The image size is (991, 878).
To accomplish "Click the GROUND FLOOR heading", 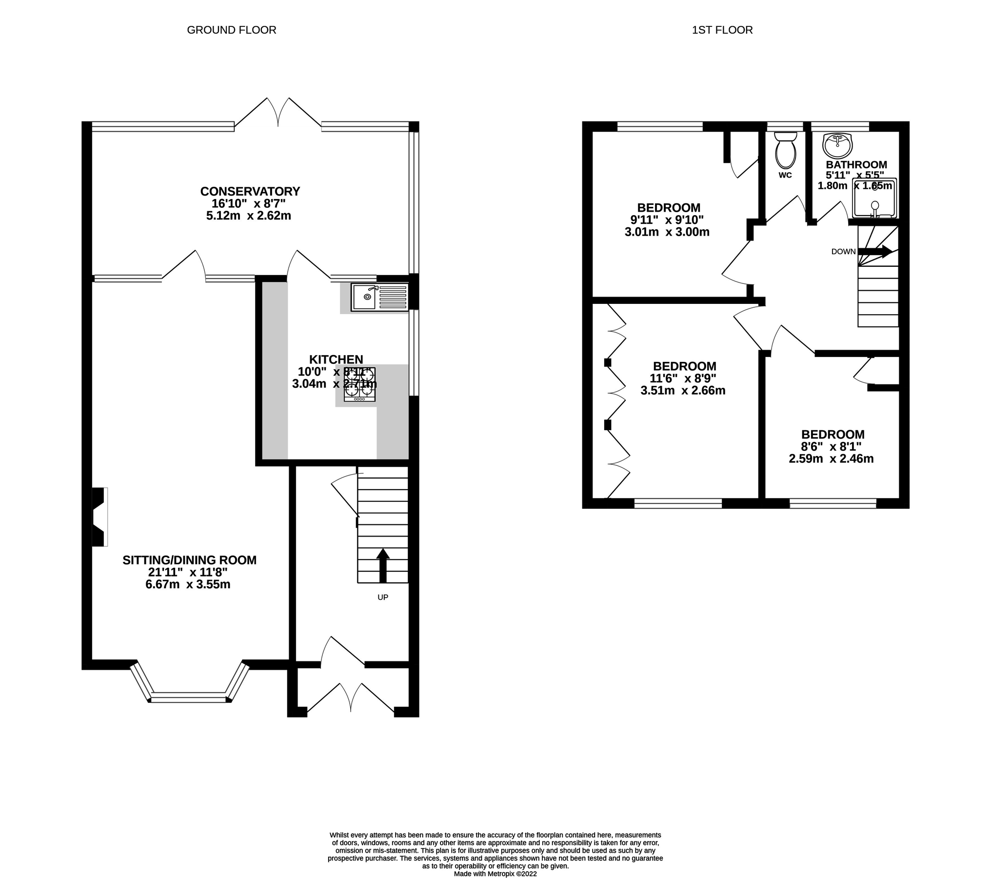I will (x=232, y=30).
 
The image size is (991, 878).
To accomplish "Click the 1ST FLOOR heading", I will (x=722, y=30).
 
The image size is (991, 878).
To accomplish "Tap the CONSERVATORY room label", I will (x=250, y=191).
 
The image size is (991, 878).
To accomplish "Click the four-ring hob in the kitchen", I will (x=360, y=384).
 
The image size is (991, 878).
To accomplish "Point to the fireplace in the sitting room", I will (x=99, y=517).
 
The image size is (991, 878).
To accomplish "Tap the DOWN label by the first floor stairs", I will (x=843, y=252).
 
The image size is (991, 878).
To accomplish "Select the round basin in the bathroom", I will (x=837, y=144).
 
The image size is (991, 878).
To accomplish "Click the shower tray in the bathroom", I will (x=874, y=198).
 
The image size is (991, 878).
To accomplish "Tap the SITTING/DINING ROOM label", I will (x=189, y=560).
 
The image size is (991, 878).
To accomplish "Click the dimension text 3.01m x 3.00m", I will (x=667, y=232).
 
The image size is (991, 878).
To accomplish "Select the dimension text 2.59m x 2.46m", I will (x=831, y=459).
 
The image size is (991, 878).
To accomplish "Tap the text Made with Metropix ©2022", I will (x=495, y=874).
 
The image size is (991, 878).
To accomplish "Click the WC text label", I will (x=785, y=175).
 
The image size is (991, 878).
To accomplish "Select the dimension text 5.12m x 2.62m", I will (x=248, y=216).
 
